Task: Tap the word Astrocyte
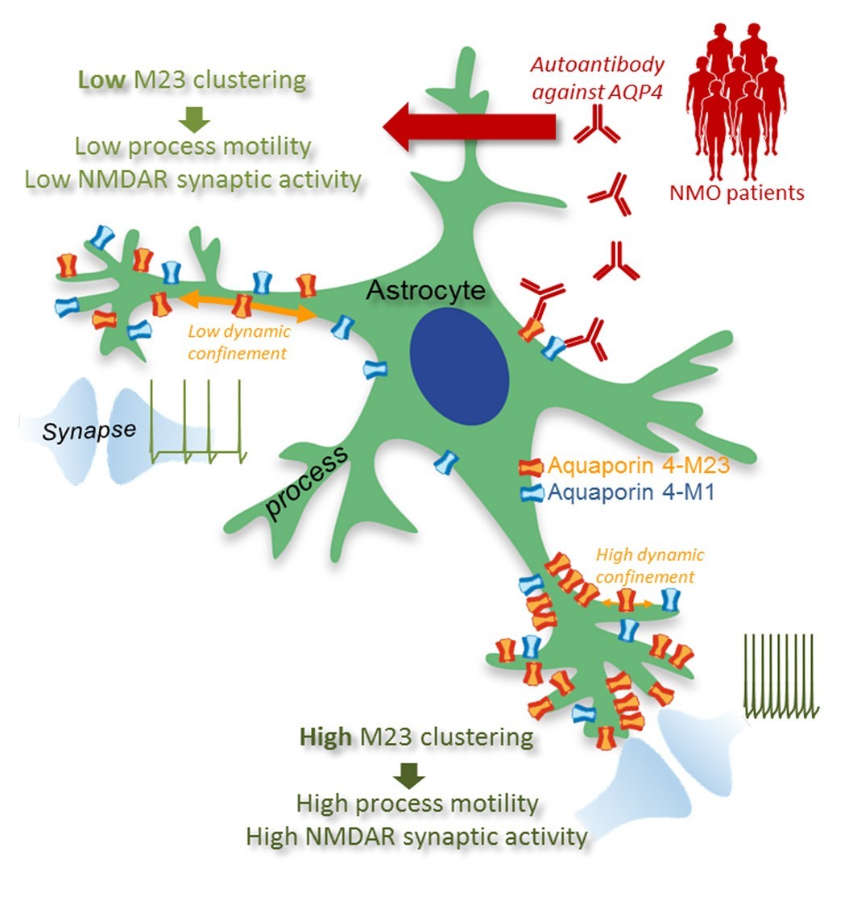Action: click(x=425, y=292)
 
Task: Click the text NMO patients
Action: click(x=737, y=193)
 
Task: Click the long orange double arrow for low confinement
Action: click(x=245, y=306)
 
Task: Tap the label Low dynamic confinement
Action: click(x=238, y=342)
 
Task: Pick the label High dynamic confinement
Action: click(x=650, y=566)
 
